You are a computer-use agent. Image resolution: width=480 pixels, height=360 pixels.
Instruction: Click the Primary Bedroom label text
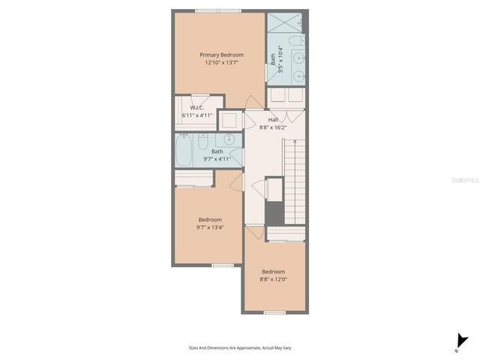pyautogui.click(x=220, y=54)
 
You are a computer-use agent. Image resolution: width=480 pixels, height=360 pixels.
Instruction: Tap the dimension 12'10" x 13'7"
pyautogui.click(x=220, y=63)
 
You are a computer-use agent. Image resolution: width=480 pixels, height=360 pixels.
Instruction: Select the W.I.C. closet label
pyautogui.click(x=198, y=107)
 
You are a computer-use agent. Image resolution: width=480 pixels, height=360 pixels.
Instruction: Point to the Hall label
pyautogui.click(x=273, y=119)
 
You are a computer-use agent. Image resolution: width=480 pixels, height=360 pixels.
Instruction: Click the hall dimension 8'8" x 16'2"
pyautogui.click(x=273, y=127)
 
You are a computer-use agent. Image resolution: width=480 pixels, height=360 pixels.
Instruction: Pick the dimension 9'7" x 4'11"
pyautogui.click(x=217, y=159)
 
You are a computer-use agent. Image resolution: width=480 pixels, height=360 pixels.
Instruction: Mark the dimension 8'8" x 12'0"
pyautogui.click(x=273, y=280)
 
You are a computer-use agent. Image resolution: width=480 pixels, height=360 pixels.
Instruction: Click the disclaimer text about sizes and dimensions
pyautogui.click(x=240, y=347)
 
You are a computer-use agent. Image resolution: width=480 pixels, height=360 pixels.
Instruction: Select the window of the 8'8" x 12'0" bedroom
pyautogui.click(x=276, y=312)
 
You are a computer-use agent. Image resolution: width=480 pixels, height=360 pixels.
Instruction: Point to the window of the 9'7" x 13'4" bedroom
pyautogui.click(x=222, y=265)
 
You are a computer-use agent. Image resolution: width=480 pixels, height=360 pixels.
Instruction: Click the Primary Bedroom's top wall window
pyautogui.click(x=218, y=11)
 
